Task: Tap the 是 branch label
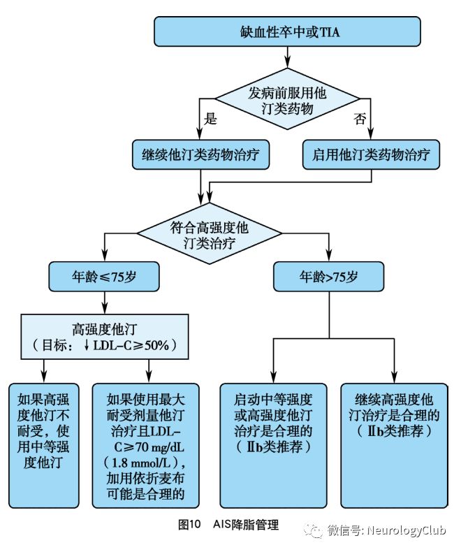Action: (210, 118)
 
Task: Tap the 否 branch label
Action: (360, 118)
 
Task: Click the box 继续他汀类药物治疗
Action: (200, 154)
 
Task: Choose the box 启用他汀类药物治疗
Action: (372, 154)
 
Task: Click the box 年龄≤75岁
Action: (104, 277)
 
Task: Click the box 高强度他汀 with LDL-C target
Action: (105, 336)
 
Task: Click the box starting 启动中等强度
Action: (273, 444)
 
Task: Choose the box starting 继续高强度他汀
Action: (394, 444)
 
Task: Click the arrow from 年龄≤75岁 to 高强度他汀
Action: (104, 302)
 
